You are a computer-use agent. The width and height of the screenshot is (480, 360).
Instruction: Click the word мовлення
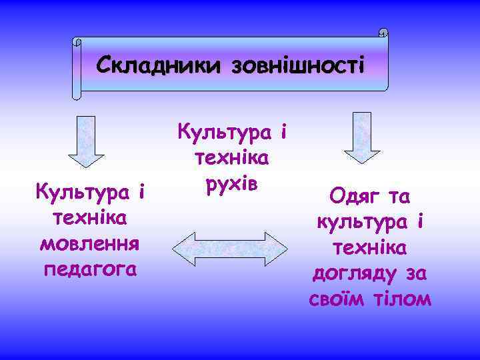click(x=89, y=243)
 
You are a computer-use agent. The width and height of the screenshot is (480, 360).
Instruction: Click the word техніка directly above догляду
click(x=371, y=248)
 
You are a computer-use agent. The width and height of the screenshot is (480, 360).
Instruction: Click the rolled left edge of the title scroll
click(x=77, y=67)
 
